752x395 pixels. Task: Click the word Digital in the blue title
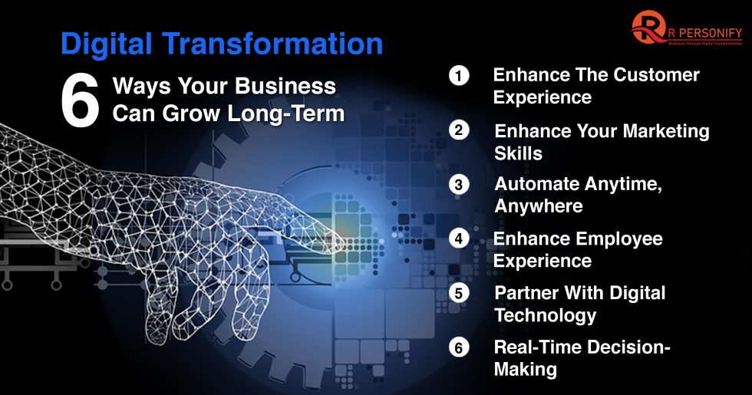(x=107, y=44)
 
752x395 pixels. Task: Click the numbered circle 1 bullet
(x=459, y=76)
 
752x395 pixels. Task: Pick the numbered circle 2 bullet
(x=459, y=130)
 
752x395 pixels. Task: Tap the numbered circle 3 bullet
(x=459, y=185)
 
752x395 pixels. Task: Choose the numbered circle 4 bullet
(x=459, y=239)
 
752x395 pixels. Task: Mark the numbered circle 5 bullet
(x=459, y=293)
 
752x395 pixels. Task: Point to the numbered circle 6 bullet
(x=459, y=347)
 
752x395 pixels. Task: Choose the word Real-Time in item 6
(x=537, y=347)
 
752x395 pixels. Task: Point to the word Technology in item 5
(x=545, y=315)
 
